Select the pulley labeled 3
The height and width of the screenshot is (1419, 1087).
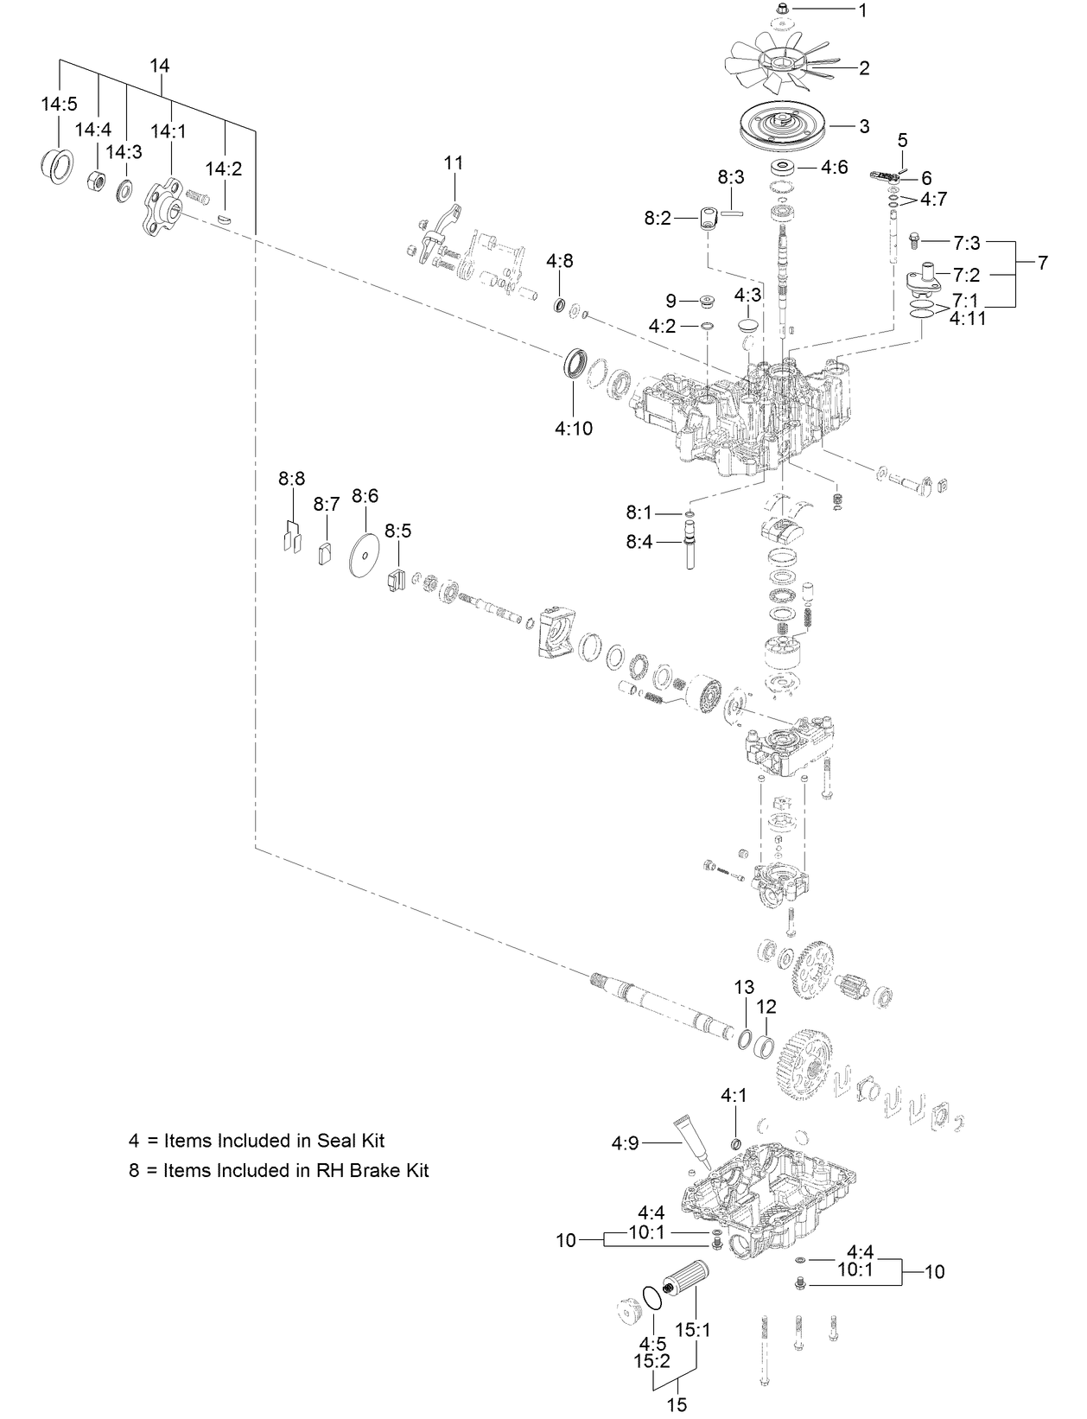pyautogui.click(x=782, y=127)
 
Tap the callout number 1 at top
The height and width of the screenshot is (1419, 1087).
pyautogui.click(x=861, y=10)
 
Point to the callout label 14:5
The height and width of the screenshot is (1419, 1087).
pyautogui.click(x=59, y=105)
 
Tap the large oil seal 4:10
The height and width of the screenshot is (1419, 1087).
pyautogui.click(x=575, y=362)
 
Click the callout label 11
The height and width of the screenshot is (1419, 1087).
pyautogui.click(x=454, y=162)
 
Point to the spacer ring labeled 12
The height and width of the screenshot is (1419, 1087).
pyautogui.click(x=764, y=1045)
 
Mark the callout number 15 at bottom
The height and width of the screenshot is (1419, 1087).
pyautogui.click(x=677, y=1404)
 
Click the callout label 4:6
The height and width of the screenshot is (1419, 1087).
pyautogui.click(x=834, y=167)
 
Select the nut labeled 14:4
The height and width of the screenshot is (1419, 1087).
pyautogui.click(x=98, y=181)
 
